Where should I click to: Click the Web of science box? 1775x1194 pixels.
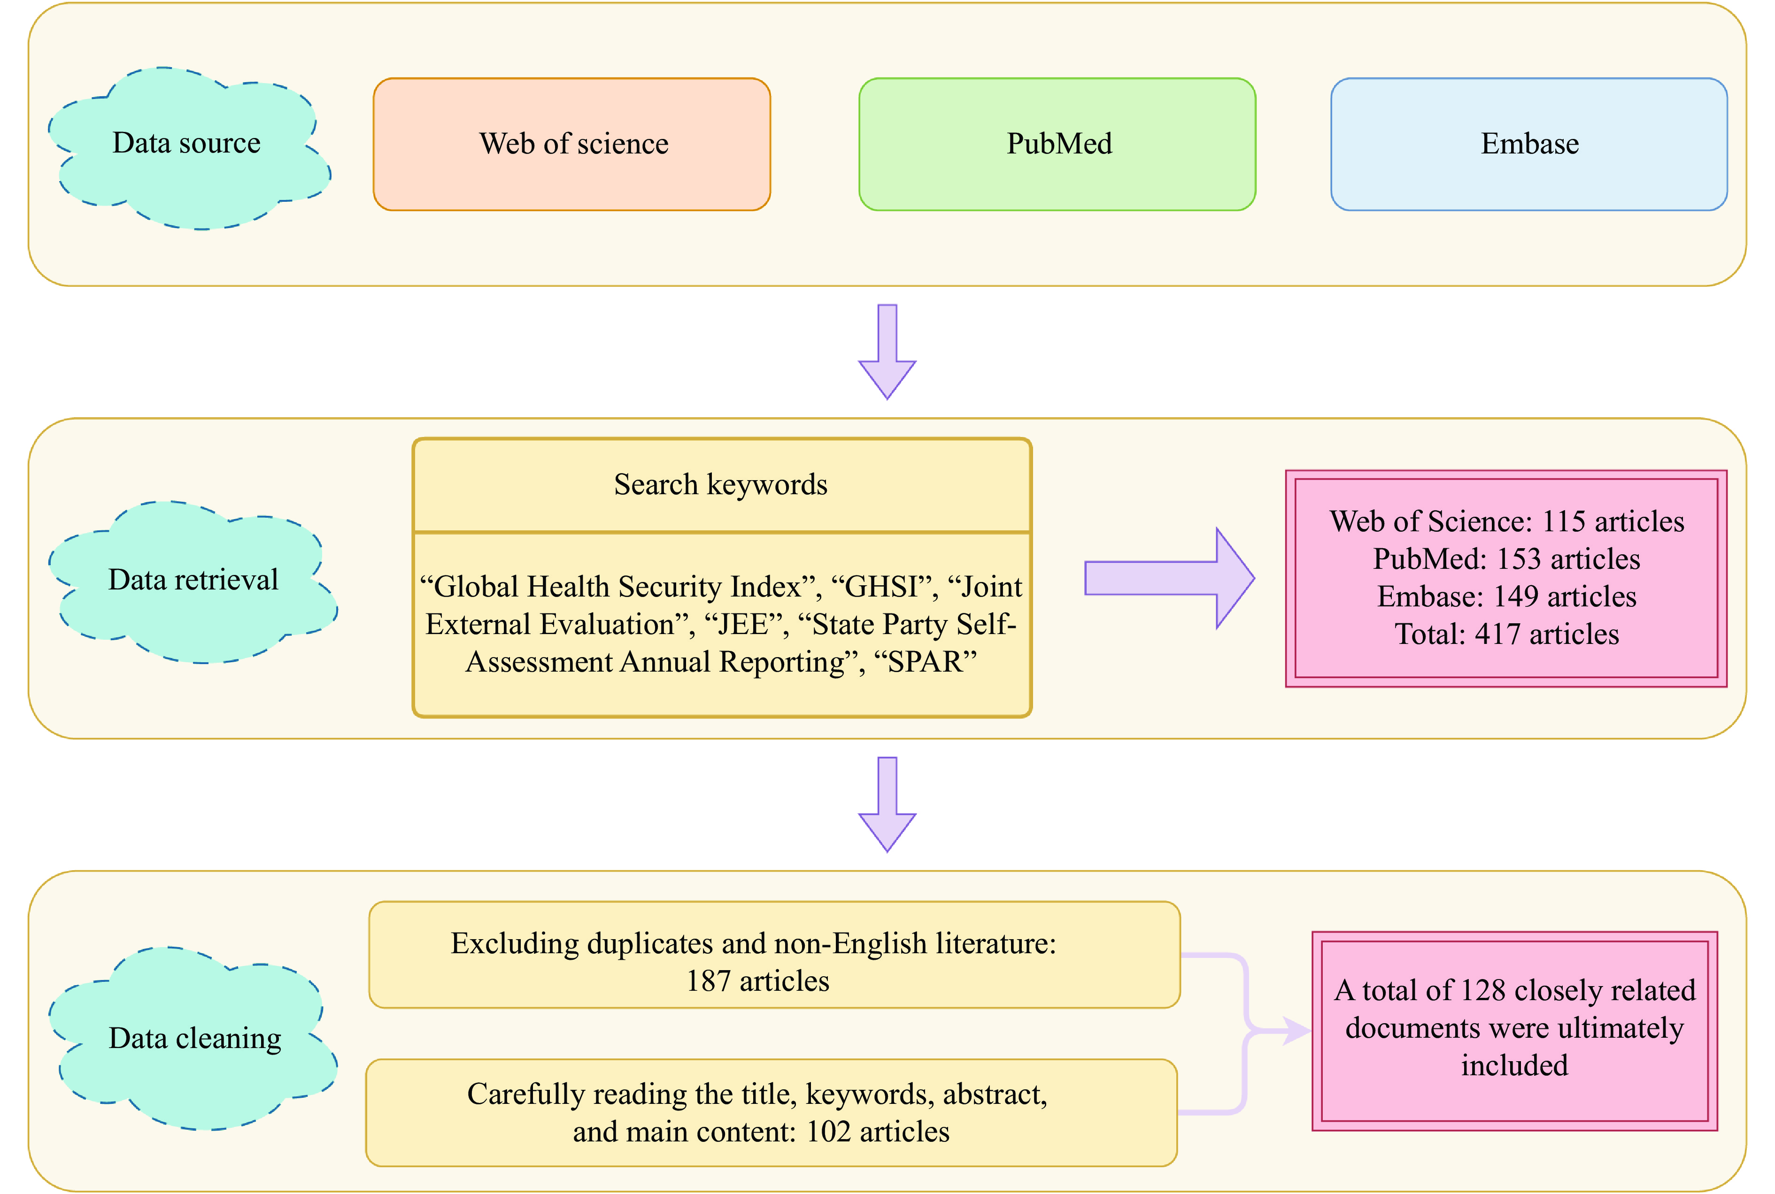coord(571,144)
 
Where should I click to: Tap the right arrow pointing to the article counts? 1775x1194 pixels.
coord(1169,579)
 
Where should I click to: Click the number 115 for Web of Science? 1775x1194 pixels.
coord(1563,521)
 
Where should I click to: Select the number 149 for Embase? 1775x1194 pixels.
coord(1515,597)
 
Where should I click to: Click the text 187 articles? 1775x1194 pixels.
coord(757,981)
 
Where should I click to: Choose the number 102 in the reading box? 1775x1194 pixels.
coord(828,1133)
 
